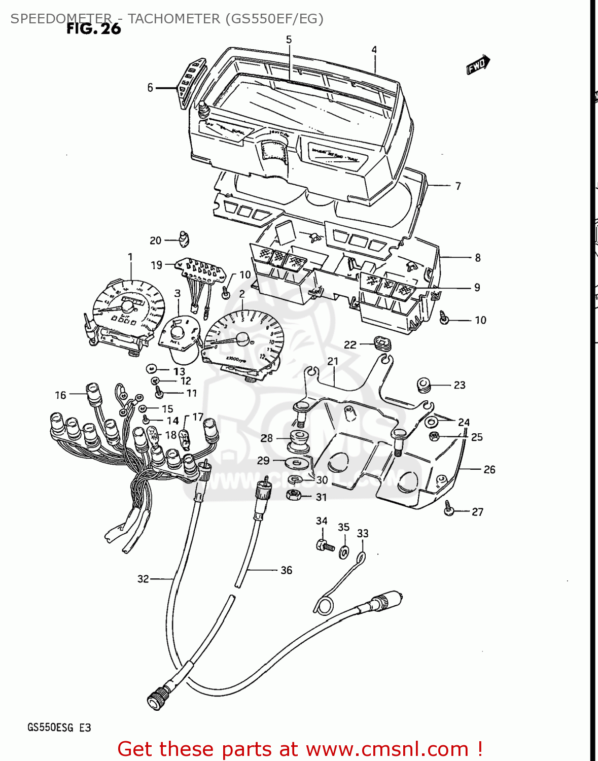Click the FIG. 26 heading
tap(94, 29)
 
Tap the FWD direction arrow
tap(478, 64)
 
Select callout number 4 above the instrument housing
tap(374, 50)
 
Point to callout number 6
tap(150, 88)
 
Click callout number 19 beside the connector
tap(156, 265)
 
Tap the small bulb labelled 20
tap(183, 237)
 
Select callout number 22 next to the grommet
tap(350, 345)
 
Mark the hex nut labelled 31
tap(293, 495)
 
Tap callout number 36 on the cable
tap(286, 570)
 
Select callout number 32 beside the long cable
tap(143, 579)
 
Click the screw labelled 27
tap(449, 508)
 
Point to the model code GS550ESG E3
tap(59, 728)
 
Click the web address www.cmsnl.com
tap(387, 749)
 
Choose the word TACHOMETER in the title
tap(173, 19)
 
